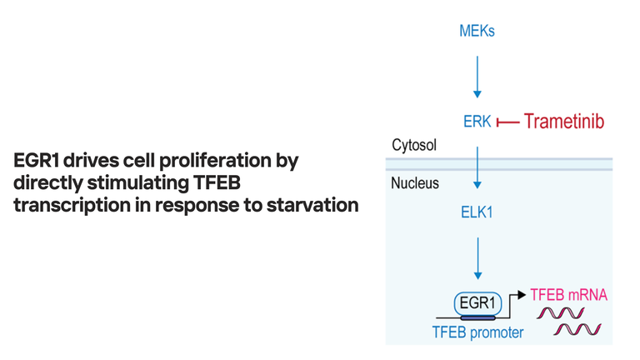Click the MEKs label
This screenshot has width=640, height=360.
pos(477,31)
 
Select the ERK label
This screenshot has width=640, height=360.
pos(477,122)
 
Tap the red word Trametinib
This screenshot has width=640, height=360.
pos(563,121)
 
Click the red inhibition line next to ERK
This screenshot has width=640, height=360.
pos(507,122)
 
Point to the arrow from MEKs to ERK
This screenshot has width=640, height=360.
pos(477,77)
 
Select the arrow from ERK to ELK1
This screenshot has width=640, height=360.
pos(477,167)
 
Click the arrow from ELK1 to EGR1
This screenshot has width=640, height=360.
pos(477,258)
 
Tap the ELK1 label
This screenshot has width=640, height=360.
pos(477,212)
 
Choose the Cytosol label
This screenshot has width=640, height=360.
pos(414,145)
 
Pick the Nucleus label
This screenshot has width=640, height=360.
pos(415,183)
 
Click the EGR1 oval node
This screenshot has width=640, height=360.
pos(477,303)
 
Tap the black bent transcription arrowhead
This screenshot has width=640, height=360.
pos(521,295)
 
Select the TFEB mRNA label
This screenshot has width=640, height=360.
pos(568,295)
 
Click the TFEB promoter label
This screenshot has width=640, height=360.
pos(477,332)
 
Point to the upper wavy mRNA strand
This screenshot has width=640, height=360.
pos(560,313)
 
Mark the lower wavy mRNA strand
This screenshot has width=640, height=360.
pos(577,329)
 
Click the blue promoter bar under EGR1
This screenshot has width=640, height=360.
pos(477,317)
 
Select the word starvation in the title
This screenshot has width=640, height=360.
pos(312,205)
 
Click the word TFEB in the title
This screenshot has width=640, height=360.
pos(217,182)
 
